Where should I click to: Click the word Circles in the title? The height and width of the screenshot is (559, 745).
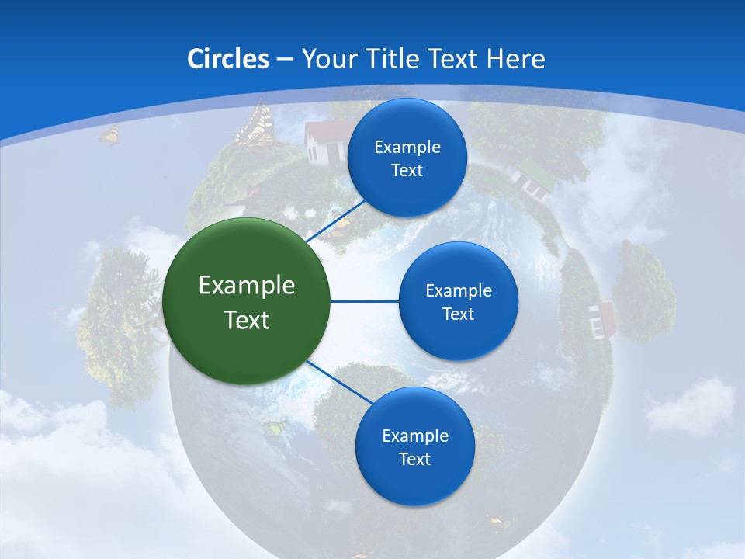coord(228,59)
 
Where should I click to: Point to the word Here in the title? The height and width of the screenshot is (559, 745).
coord(515,59)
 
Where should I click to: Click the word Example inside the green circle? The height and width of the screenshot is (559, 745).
coord(247,285)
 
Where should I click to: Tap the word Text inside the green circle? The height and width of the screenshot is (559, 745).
coord(247,320)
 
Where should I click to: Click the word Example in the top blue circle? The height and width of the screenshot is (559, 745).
coord(407,147)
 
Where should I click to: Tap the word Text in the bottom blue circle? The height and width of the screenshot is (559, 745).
coord(414,459)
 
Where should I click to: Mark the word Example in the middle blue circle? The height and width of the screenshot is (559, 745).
coord(458,290)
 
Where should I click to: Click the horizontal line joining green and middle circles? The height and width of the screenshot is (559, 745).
coord(364,301)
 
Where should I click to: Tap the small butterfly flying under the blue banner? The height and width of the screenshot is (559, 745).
coord(109,135)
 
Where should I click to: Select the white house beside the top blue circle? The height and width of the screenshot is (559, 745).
coord(324,141)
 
